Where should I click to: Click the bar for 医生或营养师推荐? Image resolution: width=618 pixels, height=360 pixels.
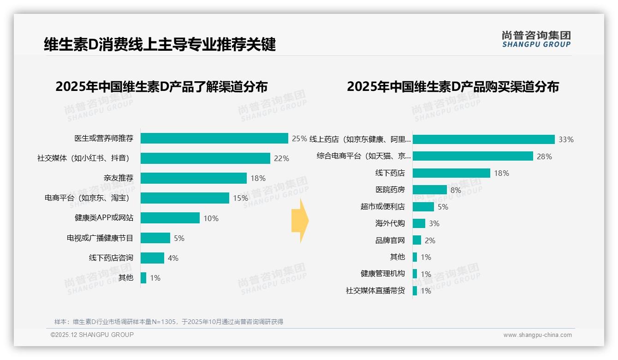(x=214, y=138)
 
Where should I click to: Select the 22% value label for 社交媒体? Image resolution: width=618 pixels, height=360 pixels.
(x=281, y=158)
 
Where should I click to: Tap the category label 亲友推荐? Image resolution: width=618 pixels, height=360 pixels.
(x=119, y=178)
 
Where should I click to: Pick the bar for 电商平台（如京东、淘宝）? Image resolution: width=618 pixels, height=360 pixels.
(x=185, y=198)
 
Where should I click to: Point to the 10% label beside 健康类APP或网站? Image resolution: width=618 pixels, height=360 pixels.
(x=211, y=218)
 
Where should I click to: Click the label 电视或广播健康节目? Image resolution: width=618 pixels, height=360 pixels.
(x=100, y=238)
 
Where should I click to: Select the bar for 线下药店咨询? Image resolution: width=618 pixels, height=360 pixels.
(x=152, y=258)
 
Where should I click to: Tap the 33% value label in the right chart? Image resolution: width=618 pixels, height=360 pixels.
(x=566, y=139)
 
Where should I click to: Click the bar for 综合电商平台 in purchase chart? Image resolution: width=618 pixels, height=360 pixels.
(x=473, y=156)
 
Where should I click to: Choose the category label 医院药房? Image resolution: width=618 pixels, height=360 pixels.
(x=390, y=190)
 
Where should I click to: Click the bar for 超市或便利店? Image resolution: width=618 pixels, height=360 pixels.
(x=423, y=207)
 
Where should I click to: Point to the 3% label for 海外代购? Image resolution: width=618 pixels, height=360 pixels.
(x=434, y=223)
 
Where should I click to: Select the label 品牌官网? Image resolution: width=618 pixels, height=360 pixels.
(x=390, y=240)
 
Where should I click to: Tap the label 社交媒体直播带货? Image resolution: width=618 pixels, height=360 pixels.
(x=375, y=291)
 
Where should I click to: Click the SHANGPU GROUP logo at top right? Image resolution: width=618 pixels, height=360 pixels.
(x=536, y=39)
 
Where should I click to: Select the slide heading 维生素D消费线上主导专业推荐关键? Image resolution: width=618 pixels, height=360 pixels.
(x=160, y=45)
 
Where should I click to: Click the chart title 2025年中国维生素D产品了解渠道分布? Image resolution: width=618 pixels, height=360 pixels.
(x=161, y=87)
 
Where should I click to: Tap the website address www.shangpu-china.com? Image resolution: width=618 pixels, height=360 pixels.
(x=537, y=335)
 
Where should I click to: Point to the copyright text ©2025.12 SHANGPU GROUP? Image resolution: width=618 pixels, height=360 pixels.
(x=92, y=335)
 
